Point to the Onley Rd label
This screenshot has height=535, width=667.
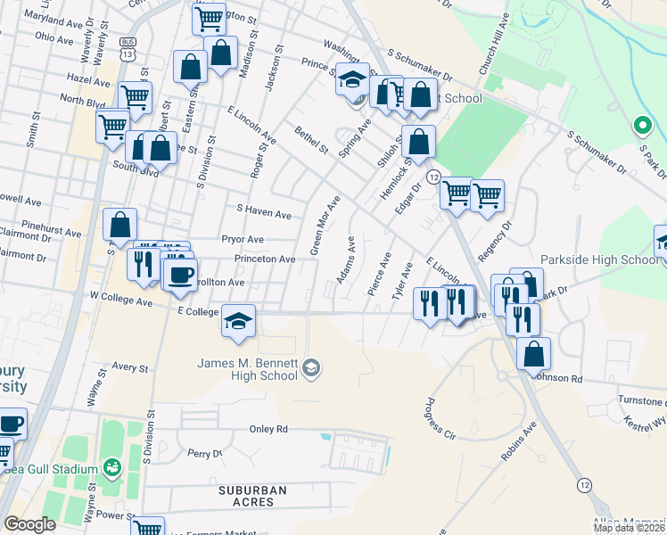[x=269, y=429]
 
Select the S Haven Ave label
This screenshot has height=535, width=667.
[x=263, y=214]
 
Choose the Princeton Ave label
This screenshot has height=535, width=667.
[x=265, y=259]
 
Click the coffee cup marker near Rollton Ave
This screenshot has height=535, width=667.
[x=180, y=276]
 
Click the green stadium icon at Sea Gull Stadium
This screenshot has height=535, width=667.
[x=111, y=466]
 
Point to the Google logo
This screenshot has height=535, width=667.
[x=29, y=524]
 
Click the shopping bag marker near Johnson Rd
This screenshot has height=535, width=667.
[x=532, y=354]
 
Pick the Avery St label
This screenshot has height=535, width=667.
[x=129, y=366]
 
